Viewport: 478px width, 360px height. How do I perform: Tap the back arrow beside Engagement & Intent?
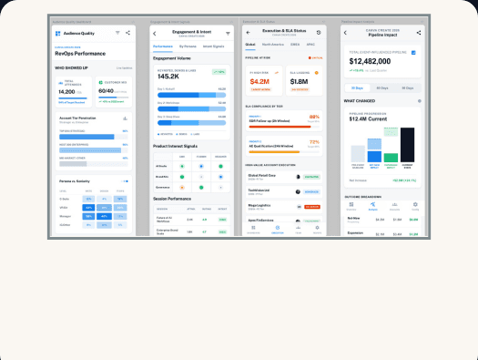click(x=155, y=33)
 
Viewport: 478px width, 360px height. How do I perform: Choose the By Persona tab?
click(x=188, y=45)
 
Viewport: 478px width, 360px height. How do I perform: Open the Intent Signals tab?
click(x=214, y=45)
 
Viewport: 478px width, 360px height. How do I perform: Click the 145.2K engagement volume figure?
click(x=169, y=76)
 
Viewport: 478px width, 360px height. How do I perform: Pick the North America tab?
click(x=272, y=43)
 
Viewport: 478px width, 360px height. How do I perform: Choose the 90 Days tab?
click(x=408, y=87)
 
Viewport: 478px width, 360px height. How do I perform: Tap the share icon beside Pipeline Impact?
click(x=418, y=33)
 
